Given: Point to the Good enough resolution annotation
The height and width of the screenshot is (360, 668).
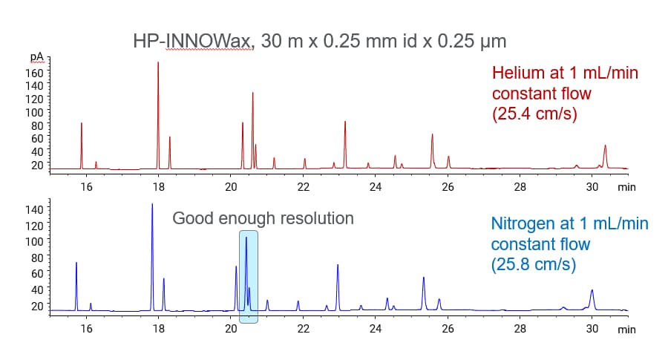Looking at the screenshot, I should click(x=263, y=219).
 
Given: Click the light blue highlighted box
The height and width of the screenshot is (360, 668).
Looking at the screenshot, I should click(x=249, y=277).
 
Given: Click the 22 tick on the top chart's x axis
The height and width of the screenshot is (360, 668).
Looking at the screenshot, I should click(x=303, y=187).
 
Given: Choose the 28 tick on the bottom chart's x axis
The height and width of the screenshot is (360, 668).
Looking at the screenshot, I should click(x=520, y=327).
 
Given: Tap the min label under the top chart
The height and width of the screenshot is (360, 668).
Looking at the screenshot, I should click(x=627, y=188).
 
